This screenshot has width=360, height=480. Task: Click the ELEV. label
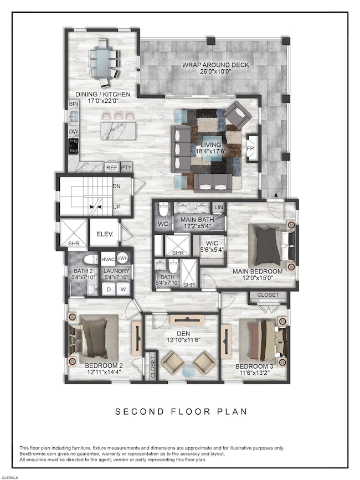pos(105,234)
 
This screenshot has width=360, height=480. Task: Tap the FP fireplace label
pos(250,148)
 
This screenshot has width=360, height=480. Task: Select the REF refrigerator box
pos(112,167)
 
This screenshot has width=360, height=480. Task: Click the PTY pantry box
pos(126,167)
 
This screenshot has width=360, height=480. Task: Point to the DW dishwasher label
pos(74,132)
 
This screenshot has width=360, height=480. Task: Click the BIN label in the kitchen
pos(74,104)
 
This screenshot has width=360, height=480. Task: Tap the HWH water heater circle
pos(122,259)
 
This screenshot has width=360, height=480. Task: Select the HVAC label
pos(108,259)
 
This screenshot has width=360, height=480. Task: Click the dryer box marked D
pos(109,290)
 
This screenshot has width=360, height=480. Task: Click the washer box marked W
pos(123,290)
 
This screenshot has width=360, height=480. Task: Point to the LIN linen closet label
pos(219,207)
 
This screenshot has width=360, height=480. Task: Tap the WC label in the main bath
pos(163,224)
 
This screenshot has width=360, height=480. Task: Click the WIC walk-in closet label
pos(212,244)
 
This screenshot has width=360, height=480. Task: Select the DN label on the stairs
pos(117,186)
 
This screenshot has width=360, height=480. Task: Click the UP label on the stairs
pos(117,207)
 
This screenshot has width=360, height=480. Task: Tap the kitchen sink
pos(74,117)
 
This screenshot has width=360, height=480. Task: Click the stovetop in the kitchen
pos(74,146)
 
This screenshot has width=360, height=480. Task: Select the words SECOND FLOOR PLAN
pos(181,411)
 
